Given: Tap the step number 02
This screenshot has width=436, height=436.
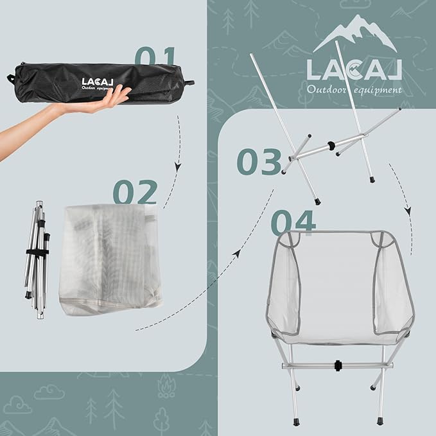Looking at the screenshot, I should point(135,193).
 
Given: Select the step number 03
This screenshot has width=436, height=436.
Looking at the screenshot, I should point(259,161).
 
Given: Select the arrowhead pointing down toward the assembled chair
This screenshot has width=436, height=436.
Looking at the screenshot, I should point(407,211).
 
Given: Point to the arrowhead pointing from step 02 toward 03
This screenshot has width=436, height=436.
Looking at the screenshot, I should point(236,253).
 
